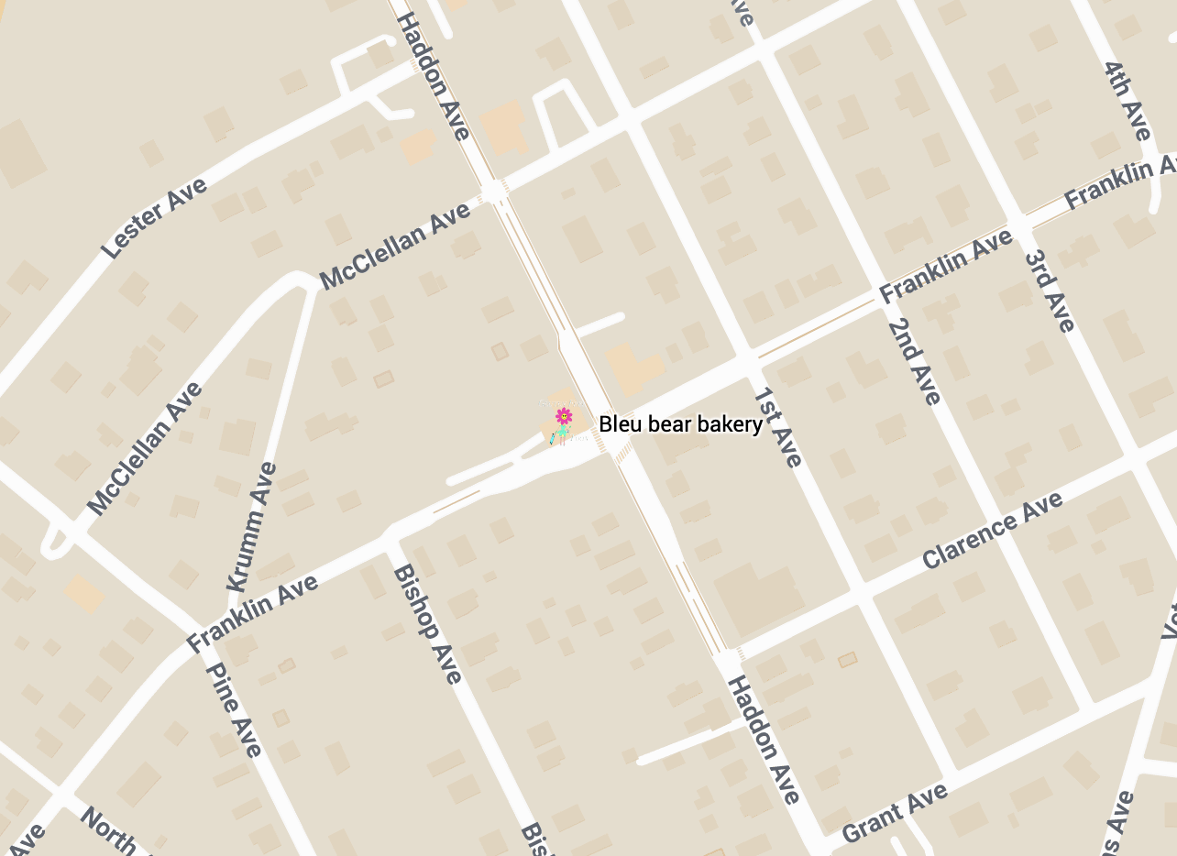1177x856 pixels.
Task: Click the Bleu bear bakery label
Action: pyautogui.click(x=680, y=424)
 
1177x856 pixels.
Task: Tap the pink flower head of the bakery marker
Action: pyautogui.click(x=564, y=416)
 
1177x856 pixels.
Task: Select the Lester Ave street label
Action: pyautogui.click(x=154, y=218)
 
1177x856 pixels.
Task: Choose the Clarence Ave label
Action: pyautogui.click(x=993, y=530)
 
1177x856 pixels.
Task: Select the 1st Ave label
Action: pyautogui.click(x=778, y=427)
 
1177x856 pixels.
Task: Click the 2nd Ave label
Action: pyautogui.click(x=914, y=361)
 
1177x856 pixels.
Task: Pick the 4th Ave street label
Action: pyautogui.click(x=1127, y=101)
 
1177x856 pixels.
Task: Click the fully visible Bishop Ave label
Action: pyautogui.click(x=427, y=624)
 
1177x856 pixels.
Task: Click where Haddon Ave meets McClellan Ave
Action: pyautogui.click(x=495, y=191)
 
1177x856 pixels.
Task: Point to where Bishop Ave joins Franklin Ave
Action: pyautogui.click(x=390, y=535)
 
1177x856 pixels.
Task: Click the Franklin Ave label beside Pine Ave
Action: pyautogui.click(x=252, y=614)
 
